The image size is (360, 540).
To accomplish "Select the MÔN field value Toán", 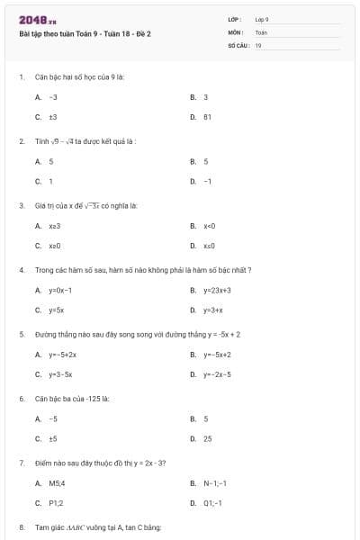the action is [261, 31].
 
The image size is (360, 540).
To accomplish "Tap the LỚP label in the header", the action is [235, 19].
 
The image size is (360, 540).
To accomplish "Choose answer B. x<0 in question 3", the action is [209, 226].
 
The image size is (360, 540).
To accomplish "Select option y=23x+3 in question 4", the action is [217, 291].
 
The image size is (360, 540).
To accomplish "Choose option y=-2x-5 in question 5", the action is [217, 374].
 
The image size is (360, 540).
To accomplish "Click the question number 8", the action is [22, 526].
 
